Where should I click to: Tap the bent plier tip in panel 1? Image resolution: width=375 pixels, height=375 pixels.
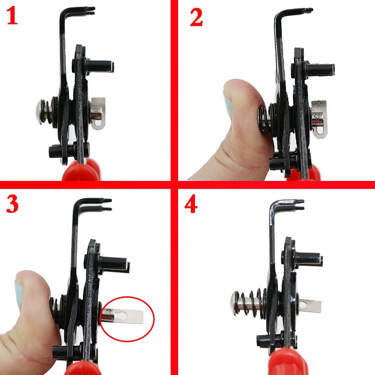click(x=89, y=9)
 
